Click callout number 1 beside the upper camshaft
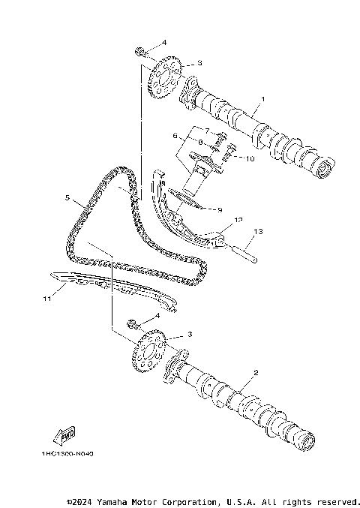click(263, 100)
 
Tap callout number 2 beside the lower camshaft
click(256, 373)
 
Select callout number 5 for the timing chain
click(67, 199)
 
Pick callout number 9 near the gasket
click(220, 210)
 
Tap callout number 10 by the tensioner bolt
click(250, 158)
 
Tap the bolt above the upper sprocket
click(140, 51)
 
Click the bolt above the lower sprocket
click(134, 325)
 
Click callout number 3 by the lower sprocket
click(189, 334)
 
